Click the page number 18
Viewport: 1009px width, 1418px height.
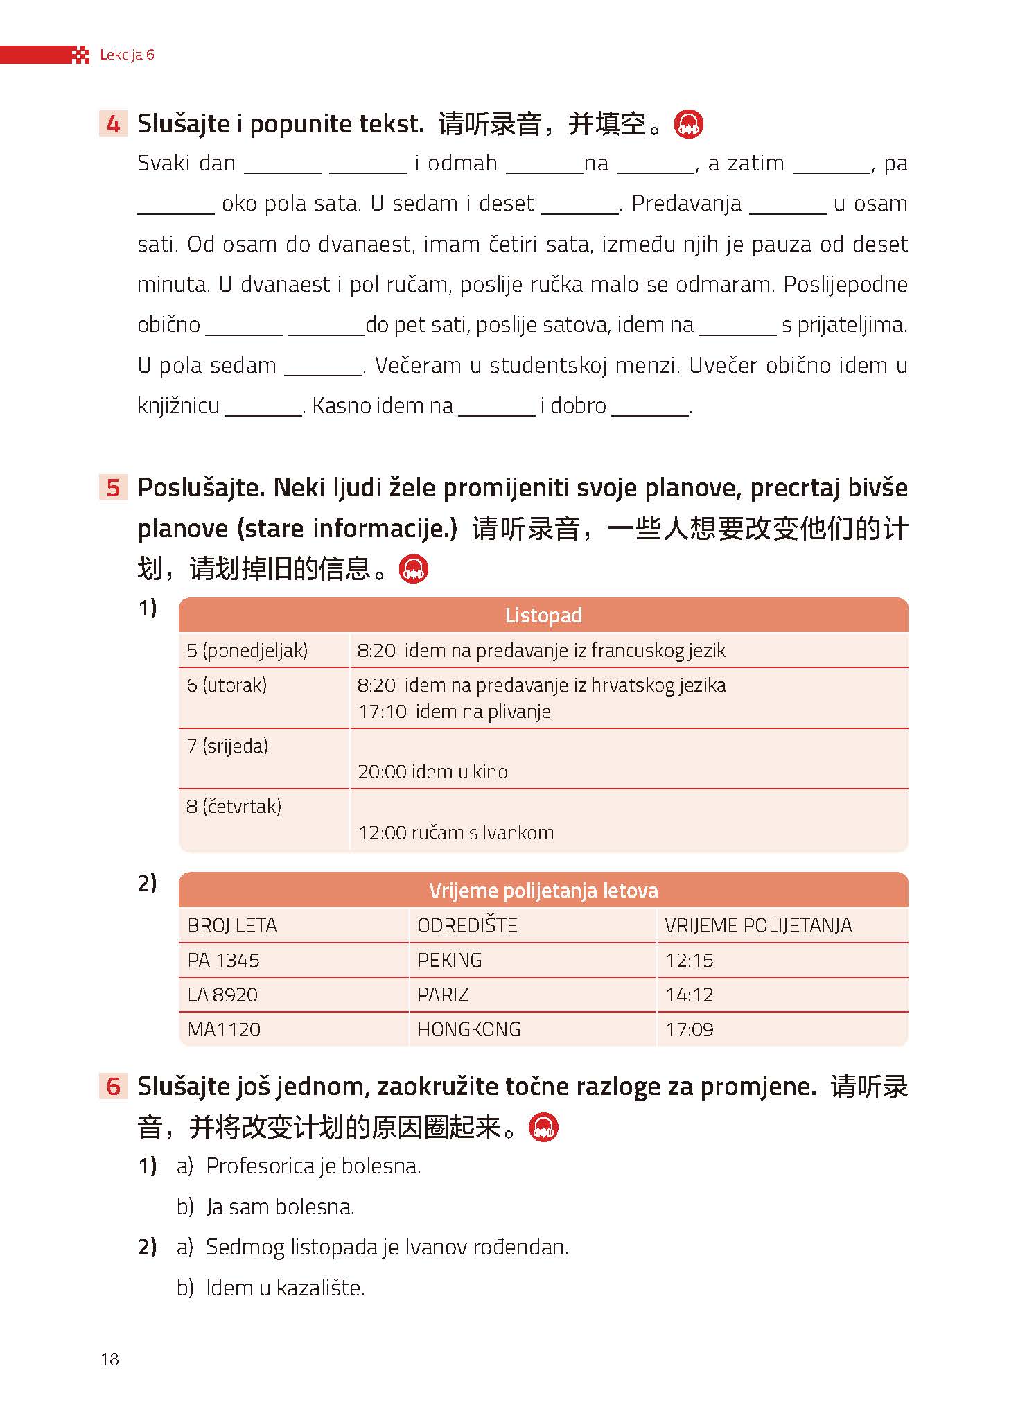click(x=109, y=1358)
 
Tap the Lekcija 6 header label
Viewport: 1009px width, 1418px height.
click(x=127, y=55)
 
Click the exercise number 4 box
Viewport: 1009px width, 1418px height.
click(x=113, y=124)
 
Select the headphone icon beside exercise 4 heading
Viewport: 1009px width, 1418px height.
click(x=689, y=125)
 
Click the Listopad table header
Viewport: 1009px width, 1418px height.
click(x=543, y=615)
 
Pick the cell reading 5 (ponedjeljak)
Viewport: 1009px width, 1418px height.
click(x=247, y=650)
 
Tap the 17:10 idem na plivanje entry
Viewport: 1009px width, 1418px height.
click(x=455, y=711)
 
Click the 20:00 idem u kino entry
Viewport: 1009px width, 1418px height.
click(x=433, y=771)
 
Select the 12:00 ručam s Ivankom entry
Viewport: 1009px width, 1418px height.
click(x=456, y=832)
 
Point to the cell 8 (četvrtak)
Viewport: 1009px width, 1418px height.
click(x=234, y=806)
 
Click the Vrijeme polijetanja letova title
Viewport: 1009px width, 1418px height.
click(x=543, y=890)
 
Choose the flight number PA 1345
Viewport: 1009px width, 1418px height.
click(x=224, y=960)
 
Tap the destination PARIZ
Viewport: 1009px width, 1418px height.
click(x=443, y=995)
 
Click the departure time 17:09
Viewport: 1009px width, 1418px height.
click(x=690, y=1029)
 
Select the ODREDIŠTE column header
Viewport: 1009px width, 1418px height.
click(x=467, y=925)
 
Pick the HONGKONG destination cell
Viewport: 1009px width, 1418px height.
click(x=469, y=1029)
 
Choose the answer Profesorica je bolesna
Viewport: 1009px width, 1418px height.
click(x=314, y=1166)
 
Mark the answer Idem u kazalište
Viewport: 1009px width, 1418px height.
click(x=286, y=1288)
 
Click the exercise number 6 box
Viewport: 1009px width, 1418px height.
click(x=113, y=1086)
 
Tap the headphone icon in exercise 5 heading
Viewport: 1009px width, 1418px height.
click(x=414, y=569)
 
